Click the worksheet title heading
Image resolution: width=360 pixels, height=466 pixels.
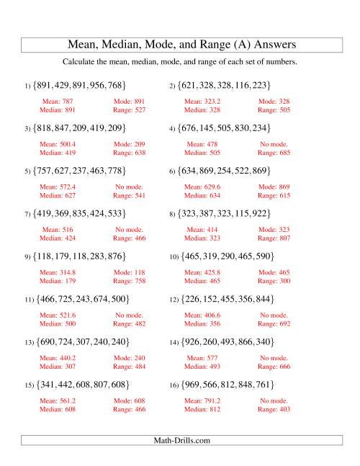tap(180, 44)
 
